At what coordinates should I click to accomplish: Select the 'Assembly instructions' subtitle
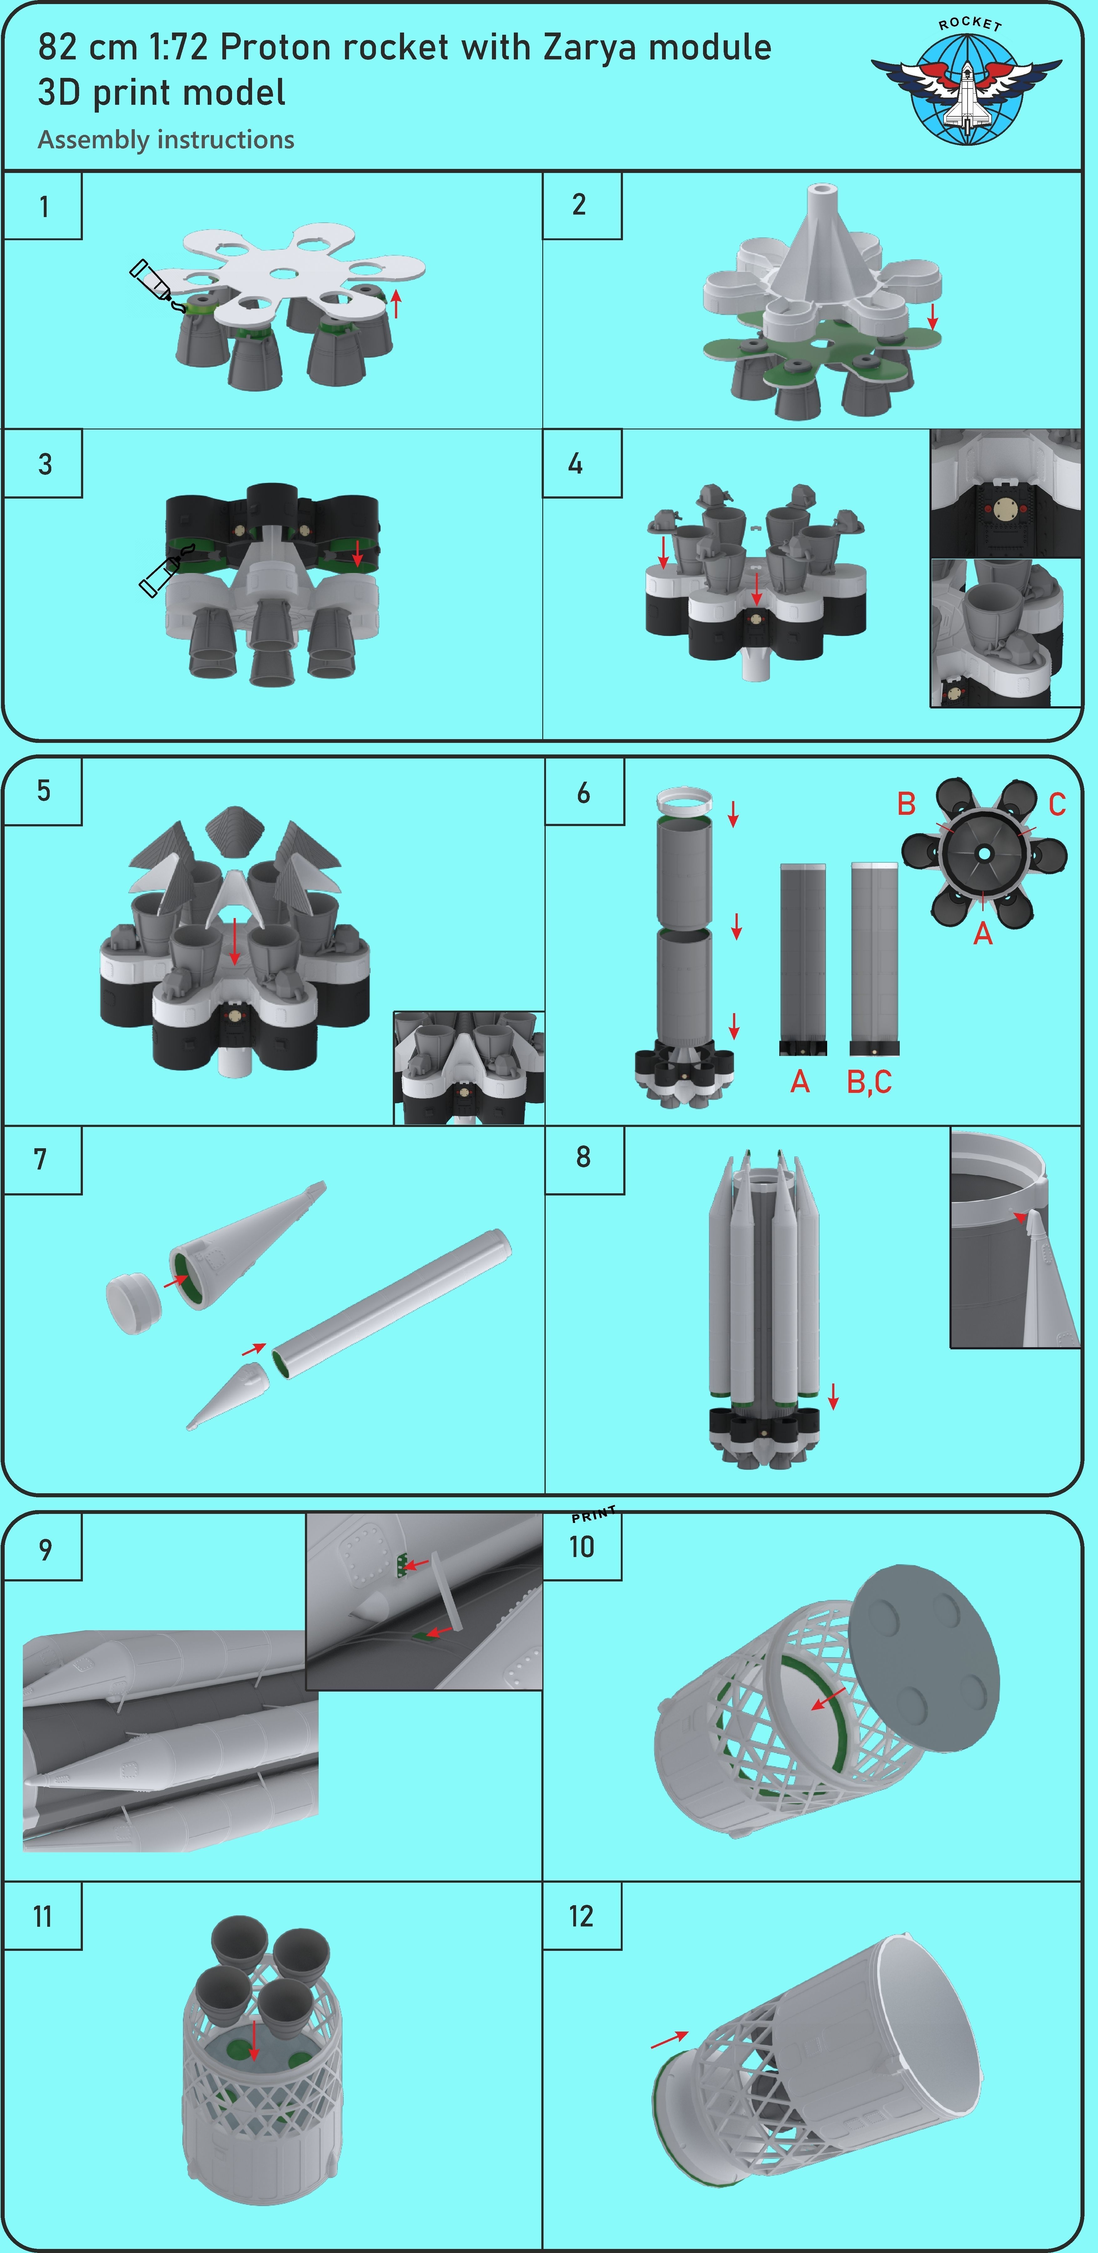(166, 140)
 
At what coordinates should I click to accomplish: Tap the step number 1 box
(44, 206)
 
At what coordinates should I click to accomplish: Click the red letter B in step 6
(907, 804)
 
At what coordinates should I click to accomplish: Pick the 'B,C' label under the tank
(869, 1082)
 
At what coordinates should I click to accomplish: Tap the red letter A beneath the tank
(800, 1082)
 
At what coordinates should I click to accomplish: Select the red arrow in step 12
(670, 2041)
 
